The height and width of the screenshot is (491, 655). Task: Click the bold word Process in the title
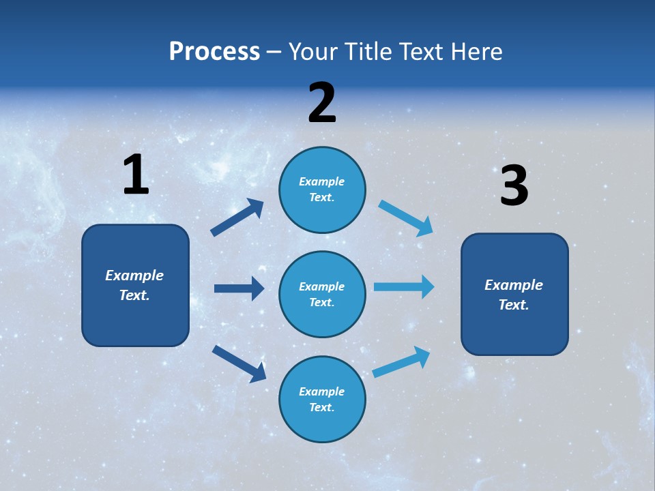214,52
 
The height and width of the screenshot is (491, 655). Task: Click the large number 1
136,175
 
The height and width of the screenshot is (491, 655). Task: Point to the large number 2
322,104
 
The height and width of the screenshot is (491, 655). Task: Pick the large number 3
514,186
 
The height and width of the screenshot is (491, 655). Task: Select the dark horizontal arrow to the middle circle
239,288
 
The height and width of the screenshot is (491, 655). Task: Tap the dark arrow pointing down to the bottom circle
239,363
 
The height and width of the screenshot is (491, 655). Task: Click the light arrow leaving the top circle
406,218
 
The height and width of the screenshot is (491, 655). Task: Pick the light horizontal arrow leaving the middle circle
404,286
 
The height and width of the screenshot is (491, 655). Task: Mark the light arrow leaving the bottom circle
402,361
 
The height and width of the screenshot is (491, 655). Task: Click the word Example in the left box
134,276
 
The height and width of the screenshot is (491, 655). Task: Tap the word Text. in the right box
514,305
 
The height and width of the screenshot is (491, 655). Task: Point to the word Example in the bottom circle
322,391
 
